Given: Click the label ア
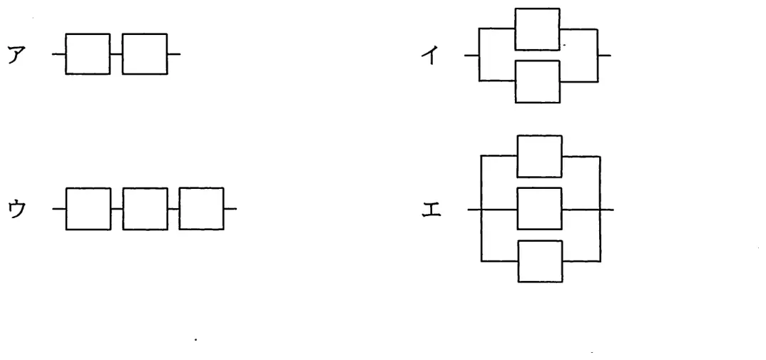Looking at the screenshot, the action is tap(16, 55).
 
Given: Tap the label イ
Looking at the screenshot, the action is tap(430, 56).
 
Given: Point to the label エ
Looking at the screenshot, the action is tap(431, 210).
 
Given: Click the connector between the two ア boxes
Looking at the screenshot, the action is tap(116, 53).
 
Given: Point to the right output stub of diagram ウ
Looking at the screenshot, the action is tap(230, 209).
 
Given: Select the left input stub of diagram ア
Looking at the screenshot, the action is tap(58, 53).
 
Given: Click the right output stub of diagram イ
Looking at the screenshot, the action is tap(604, 55).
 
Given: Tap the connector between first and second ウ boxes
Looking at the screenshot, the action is tap(117, 209).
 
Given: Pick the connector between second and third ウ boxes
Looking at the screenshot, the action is tap(173, 209).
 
